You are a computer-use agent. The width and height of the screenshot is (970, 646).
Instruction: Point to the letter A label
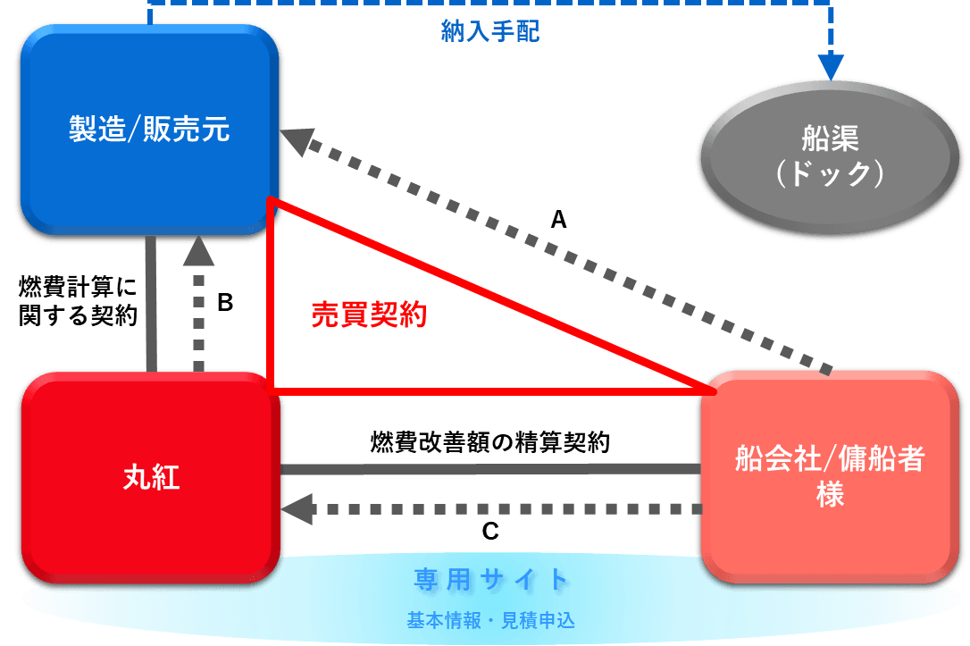pyautogui.click(x=558, y=220)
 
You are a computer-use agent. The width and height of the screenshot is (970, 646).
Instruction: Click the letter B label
pyautogui.click(x=225, y=303)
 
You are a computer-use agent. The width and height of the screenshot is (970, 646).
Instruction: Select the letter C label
pyautogui.click(x=490, y=532)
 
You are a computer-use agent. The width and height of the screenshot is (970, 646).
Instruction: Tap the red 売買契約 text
pyautogui.click(x=368, y=315)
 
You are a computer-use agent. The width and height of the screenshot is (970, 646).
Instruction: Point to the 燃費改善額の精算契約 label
pyautogui.click(x=490, y=442)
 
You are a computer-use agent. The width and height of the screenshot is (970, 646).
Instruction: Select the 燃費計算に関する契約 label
pyautogui.click(x=78, y=302)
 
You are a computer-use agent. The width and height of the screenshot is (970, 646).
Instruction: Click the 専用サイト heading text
pyautogui.click(x=491, y=580)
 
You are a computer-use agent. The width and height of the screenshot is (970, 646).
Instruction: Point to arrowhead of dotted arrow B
pyautogui.click(x=198, y=253)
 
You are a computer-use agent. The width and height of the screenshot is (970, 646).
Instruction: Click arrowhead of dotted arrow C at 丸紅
pyautogui.click(x=295, y=509)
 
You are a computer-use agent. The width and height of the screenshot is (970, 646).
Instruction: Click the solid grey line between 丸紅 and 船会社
pyautogui.click(x=490, y=469)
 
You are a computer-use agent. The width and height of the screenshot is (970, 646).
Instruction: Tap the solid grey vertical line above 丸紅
pyautogui.click(x=151, y=304)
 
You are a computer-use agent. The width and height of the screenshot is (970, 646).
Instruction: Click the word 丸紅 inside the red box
pyautogui.click(x=151, y=478)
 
